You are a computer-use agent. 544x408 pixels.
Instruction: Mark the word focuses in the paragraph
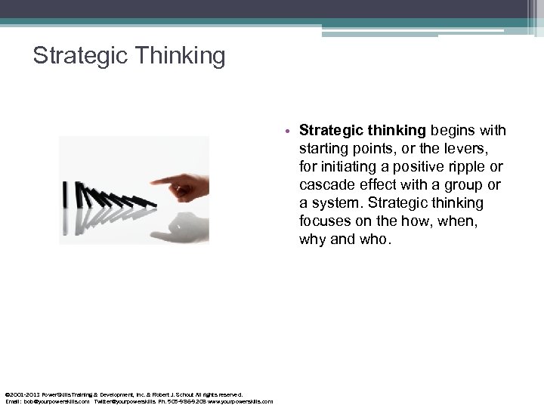click(x=324, y=222)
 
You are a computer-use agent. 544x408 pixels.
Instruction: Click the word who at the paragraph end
click(x=376, y=240)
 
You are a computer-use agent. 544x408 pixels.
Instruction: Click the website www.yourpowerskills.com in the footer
click(x=240, y=401)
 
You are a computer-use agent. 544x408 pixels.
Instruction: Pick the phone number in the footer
click(x=185, y=401)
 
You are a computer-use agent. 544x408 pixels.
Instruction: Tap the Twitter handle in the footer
click(x=125, y=401)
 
